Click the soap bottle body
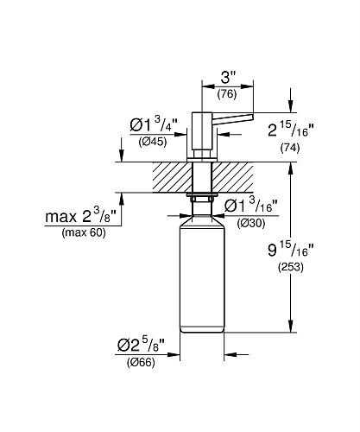tap(201, 276)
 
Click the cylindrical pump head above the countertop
tap(202, 130)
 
